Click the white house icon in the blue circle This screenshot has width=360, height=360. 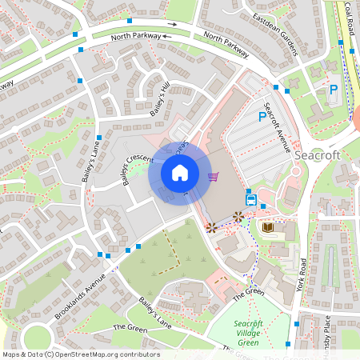(180, 173)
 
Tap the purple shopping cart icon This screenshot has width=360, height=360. (213, 177)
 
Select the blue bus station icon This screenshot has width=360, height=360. (251, 199)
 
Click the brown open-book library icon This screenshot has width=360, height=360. (267, 228)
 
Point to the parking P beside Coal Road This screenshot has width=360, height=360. (333, 90)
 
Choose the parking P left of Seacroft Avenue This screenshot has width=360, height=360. (262, 117)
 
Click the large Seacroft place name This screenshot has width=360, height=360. (317, 154)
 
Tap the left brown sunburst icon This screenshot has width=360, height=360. (210, 227)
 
